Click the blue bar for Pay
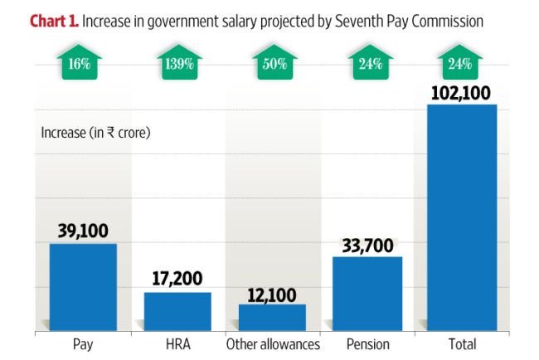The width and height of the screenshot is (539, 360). [83, 287]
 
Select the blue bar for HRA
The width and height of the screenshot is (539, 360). [177, 311]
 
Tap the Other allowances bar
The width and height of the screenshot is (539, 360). [272, 317]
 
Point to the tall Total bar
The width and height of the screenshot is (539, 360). [461, 217]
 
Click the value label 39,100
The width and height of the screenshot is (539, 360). [83, 231]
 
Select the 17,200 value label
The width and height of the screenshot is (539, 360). [177, 280]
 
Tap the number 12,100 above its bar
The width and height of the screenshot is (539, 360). [272, 292]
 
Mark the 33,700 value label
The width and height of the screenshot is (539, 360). [367, 245]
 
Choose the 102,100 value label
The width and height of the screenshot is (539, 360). [461, 91]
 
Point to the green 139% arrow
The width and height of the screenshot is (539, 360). [177, 62]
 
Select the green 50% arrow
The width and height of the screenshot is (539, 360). [272, 62]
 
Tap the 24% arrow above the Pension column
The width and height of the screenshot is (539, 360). [367, 62]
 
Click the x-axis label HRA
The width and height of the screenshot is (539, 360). [177, 344]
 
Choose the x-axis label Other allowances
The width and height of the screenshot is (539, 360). [272, 344]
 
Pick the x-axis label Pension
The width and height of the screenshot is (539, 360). [367, 344]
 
